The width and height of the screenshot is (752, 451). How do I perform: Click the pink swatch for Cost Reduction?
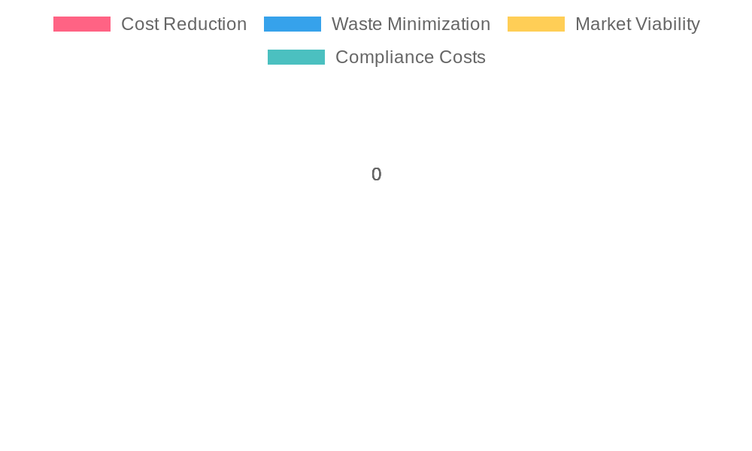click(x=82, y=24)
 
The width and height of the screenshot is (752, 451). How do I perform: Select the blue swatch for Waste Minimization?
click(x=293, y=24)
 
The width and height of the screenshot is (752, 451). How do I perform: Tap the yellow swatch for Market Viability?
click(x=535, y=24)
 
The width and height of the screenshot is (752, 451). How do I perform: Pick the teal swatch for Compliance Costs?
click(x=296, y=57)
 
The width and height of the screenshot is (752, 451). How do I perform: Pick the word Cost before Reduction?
click(x=138, y=24)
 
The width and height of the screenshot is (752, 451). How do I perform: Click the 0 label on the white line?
click(x=376, y=174)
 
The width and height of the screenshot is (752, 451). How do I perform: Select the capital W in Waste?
click(x=339, y=24)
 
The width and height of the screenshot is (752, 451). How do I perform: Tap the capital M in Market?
click(x=582, y=24)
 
